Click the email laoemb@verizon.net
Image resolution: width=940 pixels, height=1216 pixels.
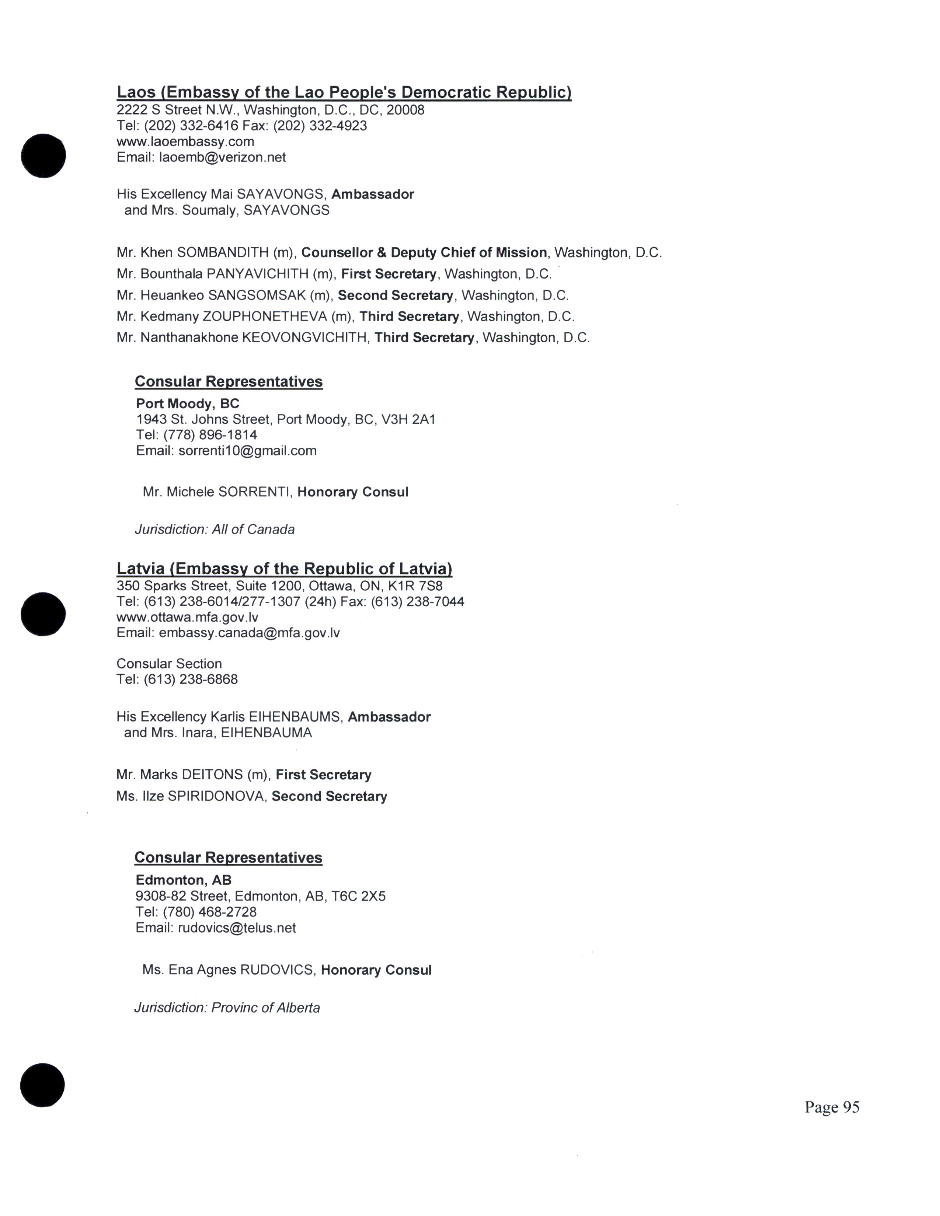click(x=222, y=158)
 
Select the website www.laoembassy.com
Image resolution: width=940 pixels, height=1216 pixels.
click(x=185, y=141)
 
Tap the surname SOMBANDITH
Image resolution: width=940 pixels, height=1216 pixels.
click(x=223, y=253)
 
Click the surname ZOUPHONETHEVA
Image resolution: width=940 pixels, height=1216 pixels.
click(x=265, y=317)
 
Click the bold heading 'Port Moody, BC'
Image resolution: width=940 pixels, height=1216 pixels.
click(x=188, y=403)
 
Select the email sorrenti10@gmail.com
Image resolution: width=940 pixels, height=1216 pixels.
click(x=247, y=451)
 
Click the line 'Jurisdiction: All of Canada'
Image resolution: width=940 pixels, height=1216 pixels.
click(x=215, y=530)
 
